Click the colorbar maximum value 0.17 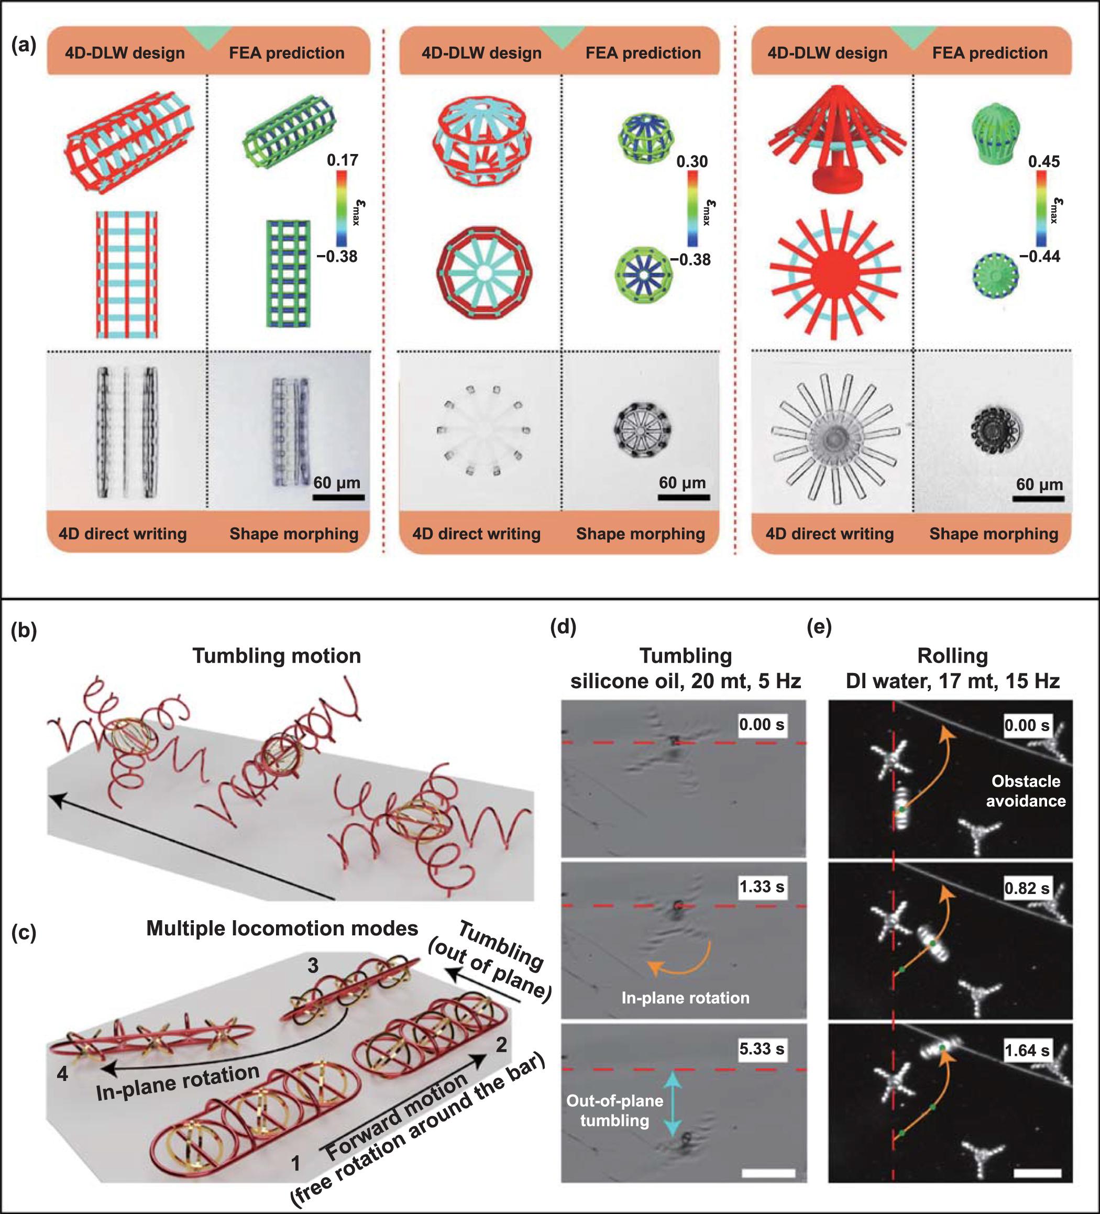click(x=342, y=160)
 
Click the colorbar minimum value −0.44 click(x=1039, y=257)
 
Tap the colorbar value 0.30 click(x=691, y=161)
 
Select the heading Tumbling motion click(x=277, y=656)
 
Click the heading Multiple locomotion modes click(x=282, y=928)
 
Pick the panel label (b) click(x=24, y=631)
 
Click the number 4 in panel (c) click(x=62, y=1074)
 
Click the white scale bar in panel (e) click(x=1037, y=1173)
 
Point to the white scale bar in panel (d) click(x=768, y=1173)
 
